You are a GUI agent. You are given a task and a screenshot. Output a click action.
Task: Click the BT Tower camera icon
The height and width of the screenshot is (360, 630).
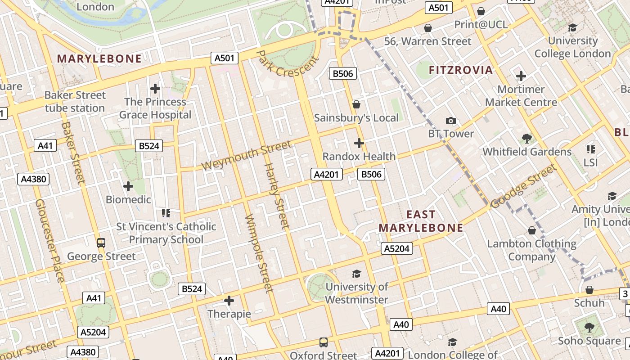click(x=450, y=121)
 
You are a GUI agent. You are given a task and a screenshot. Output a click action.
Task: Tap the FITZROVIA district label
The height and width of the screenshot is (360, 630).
click(x=461, y=70)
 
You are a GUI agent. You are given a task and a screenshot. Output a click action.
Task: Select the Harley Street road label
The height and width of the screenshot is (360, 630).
click(x=276, y=196)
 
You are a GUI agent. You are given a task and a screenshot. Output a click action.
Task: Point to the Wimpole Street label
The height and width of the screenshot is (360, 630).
click(x=259, y=253)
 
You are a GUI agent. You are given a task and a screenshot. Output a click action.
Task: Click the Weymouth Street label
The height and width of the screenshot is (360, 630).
click(x=246, y=156)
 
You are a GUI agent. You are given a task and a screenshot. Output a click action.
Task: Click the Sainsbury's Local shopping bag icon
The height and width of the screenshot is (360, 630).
click(x=356, y=104)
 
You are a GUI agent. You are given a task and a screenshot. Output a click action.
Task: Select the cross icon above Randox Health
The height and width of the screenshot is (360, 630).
click(x=359, y=143)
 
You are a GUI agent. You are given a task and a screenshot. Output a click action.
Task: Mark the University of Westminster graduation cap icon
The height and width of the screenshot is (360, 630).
click(x=356, y=273)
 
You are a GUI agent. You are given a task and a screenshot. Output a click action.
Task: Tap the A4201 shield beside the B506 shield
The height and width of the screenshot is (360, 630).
click(x=327, y=174)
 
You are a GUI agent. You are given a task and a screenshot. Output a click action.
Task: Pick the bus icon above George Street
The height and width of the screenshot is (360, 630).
click(x=101, y=243)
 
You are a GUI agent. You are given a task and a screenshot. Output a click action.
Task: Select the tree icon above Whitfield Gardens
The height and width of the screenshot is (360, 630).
click(x=526, y=139)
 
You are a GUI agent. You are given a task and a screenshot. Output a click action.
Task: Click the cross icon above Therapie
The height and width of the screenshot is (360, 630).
click(x=229, y=300)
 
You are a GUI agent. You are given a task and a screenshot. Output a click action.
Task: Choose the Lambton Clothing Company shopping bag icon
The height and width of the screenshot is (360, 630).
click(x=531, y=230)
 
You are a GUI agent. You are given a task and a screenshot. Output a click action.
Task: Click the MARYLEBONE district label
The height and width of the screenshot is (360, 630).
click(x=99, y=58)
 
